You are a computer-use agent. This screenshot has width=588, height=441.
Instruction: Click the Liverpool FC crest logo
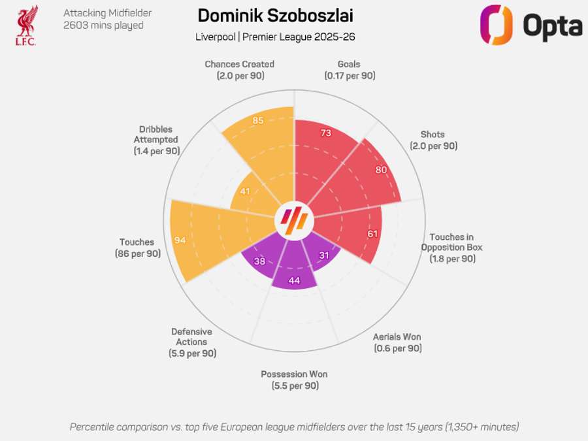pos(26,25)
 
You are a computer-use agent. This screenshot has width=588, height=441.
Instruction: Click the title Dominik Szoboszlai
pos(275,16)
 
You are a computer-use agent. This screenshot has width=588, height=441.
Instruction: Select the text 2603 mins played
pos(103,25)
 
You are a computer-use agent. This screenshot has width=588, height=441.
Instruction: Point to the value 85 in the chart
pos(258,120)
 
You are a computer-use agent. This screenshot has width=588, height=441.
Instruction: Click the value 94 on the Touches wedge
pos(180,240)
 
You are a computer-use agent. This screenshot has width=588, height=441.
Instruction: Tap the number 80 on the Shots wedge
pos(382,170)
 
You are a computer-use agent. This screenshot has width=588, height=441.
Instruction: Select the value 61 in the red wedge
pos(372,234)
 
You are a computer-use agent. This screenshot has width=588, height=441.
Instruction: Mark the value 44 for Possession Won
pos(294,280)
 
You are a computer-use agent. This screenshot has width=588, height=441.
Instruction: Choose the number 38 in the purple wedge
pos(259,261)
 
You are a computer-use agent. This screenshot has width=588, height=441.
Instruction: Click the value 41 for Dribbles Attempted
pos(245,191)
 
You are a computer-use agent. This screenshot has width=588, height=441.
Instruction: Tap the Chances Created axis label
pos(239,69)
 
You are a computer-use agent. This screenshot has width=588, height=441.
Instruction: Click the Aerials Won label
pos(397,342)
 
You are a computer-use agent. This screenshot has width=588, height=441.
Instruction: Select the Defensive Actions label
pos(192,342)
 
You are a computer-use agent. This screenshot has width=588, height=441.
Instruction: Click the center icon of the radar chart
pos(294,220)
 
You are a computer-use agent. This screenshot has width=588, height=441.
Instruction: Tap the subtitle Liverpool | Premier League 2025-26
pos(275,37)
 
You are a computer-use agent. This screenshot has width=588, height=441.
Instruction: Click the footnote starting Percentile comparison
pos(294,427)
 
